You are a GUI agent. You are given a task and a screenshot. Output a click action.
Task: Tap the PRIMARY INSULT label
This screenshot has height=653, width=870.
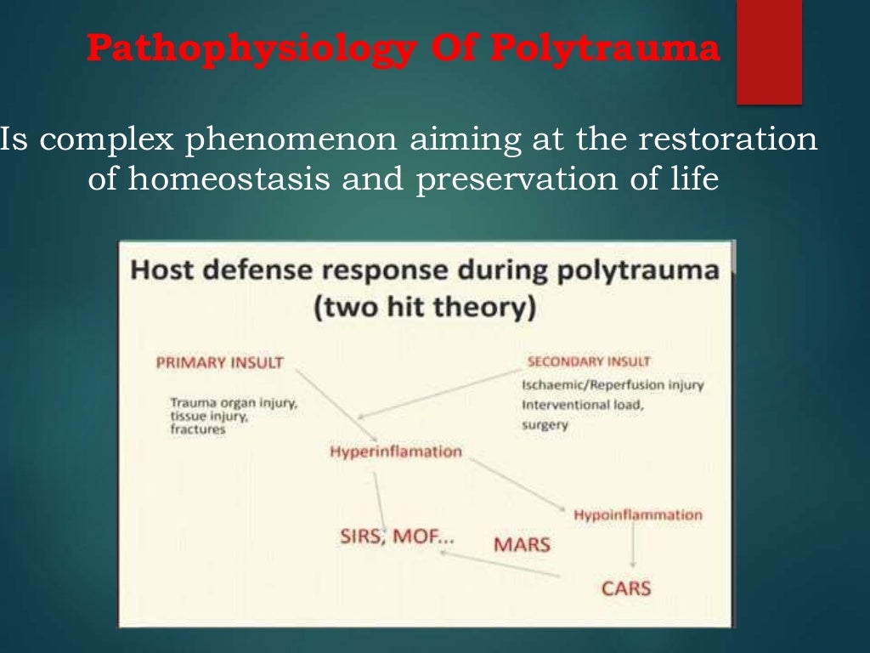point(219,363)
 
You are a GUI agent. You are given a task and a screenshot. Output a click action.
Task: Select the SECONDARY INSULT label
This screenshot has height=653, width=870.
point(589,361)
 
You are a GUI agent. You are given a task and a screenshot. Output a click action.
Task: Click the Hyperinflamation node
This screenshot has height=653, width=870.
point(395,451)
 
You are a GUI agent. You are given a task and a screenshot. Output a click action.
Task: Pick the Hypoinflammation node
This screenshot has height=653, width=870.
point(638,515)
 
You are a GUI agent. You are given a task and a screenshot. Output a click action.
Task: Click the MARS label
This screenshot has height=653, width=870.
point(522,544)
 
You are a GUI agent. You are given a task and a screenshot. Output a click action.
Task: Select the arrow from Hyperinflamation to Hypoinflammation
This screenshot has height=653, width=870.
point(517,485)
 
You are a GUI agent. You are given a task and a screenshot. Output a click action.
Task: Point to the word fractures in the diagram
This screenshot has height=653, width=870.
point(197,429)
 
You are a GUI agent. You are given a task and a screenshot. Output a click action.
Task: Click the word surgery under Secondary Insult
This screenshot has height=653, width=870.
point(545,424)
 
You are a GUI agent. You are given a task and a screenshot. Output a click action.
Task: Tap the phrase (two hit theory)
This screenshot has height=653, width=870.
point(425,308)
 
